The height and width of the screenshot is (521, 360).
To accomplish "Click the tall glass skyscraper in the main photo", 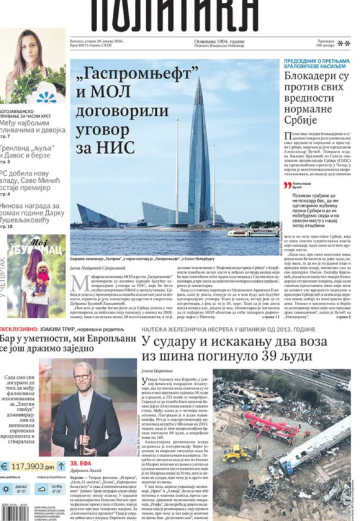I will [199, 160].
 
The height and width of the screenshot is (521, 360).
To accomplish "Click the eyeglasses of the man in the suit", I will [82, 376].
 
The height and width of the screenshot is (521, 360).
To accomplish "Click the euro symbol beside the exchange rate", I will [5, 466].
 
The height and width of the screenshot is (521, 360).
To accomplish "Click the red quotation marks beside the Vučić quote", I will [287, 186].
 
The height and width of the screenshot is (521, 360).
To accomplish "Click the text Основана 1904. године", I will [219, 41].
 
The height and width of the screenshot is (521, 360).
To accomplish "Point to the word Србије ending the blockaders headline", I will [300, 120].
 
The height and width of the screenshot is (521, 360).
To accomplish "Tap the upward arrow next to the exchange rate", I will [61, 466].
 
